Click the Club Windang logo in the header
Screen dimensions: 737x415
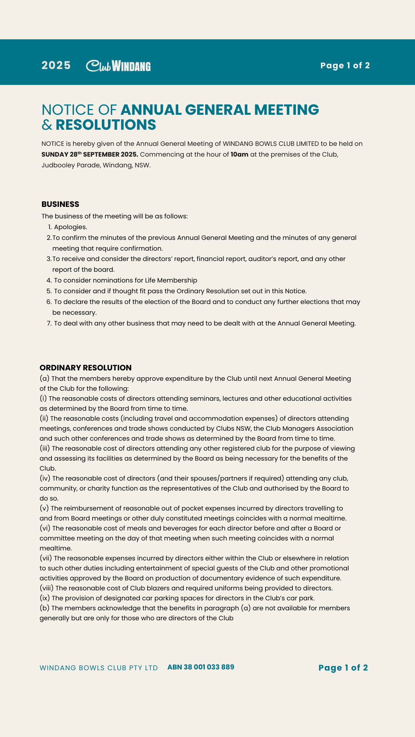coord(118,66)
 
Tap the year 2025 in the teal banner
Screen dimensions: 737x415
coord(56,66)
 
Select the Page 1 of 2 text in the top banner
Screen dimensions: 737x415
coord(345,66)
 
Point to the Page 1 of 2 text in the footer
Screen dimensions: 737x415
coord(343,668)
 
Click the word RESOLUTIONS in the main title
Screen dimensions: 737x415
coord(106,125)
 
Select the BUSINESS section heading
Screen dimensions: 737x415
coord(60,204)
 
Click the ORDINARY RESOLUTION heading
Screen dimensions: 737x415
coord(85,368)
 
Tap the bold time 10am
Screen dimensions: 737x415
coord(239,154)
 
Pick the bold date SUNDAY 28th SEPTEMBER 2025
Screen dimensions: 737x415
coord(90,154)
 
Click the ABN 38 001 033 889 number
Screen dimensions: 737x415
coord(201,667)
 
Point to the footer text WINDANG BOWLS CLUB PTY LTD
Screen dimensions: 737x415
coord(99,668)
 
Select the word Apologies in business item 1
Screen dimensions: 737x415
coord(70,227)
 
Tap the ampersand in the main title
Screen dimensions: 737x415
coord(46,125)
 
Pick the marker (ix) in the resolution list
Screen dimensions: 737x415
coord(45,598)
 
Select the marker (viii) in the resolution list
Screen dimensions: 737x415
coord(46,588)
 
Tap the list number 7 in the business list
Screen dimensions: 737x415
coord(49,323)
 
